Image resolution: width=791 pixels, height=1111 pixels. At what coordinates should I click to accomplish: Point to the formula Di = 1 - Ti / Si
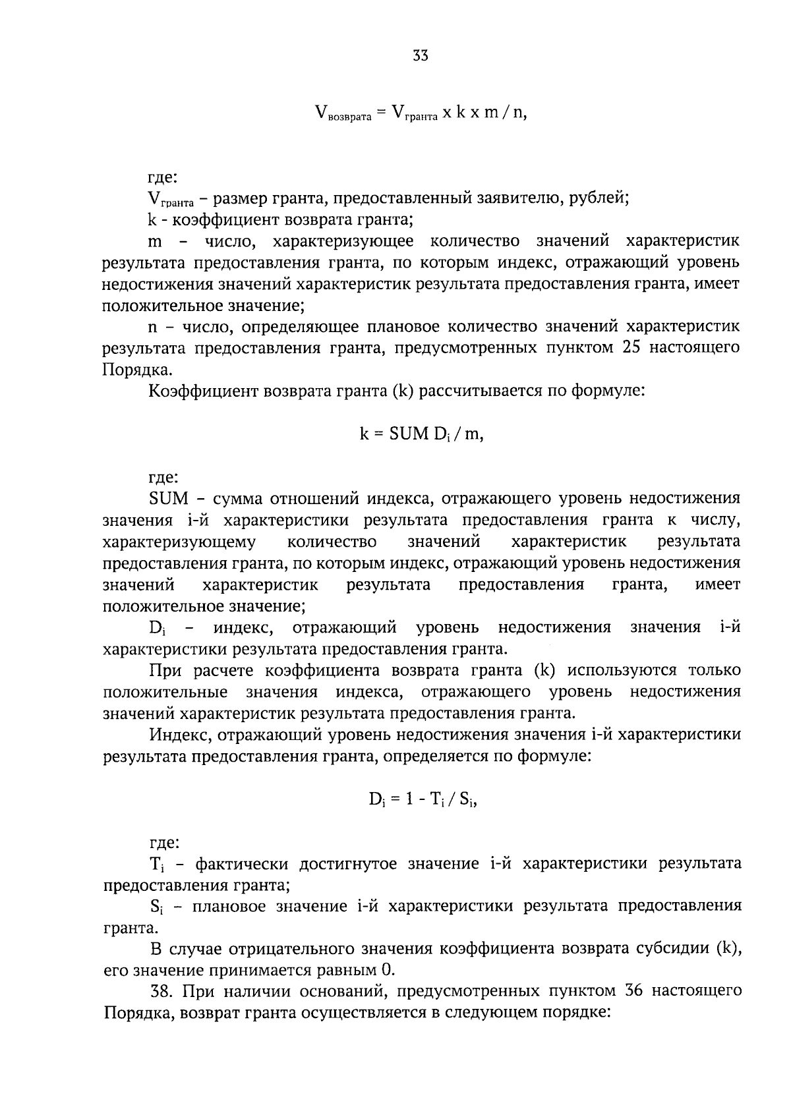click(422, 799)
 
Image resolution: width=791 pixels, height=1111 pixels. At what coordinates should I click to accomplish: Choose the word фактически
click(243, 863)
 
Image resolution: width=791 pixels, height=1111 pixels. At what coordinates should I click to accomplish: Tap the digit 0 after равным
click(388, 970)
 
